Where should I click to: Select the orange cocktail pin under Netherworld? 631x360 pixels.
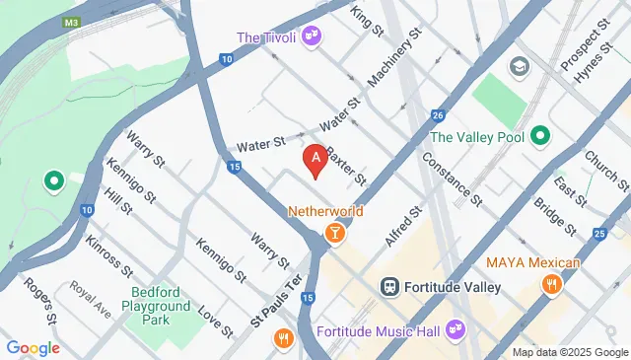334,233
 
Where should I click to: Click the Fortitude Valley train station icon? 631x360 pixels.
389,287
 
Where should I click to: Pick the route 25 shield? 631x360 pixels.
600,234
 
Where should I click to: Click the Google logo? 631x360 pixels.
33,347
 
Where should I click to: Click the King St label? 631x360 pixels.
367,21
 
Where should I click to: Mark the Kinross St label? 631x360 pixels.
105,255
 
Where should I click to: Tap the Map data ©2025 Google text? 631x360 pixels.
569,352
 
